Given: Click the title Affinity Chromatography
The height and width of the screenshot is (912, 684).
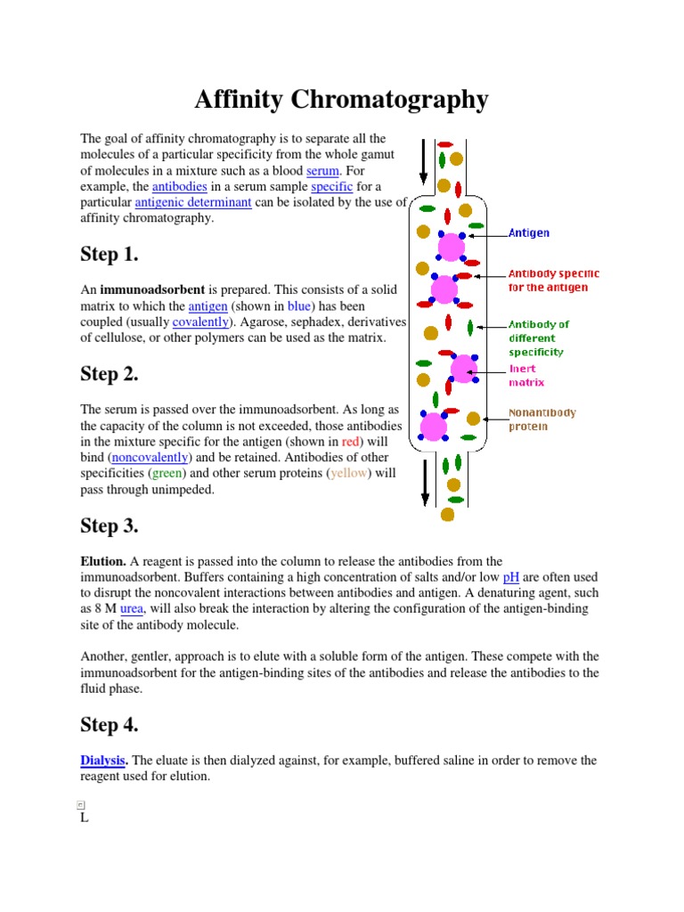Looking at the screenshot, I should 341,100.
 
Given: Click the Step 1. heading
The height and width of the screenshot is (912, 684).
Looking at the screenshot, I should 110,255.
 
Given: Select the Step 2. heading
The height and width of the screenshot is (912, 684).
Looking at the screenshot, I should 110,374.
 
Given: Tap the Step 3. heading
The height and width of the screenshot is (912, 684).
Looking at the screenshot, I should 110,525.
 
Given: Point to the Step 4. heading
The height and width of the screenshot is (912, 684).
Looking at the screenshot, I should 110,725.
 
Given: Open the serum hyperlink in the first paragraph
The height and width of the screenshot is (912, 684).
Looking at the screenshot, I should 323,170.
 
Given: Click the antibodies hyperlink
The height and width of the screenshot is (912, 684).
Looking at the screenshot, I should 179,186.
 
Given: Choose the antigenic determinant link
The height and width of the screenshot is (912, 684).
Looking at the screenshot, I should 202,202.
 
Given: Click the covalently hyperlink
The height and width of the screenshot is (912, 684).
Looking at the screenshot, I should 201,322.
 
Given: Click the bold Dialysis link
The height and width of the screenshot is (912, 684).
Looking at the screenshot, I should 103,761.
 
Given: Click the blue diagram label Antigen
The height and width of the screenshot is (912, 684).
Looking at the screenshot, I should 529,233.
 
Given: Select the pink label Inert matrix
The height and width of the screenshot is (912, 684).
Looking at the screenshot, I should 525,376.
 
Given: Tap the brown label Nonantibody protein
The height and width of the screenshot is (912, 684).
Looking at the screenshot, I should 541,419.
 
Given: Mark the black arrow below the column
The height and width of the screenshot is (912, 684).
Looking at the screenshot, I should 425,484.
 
